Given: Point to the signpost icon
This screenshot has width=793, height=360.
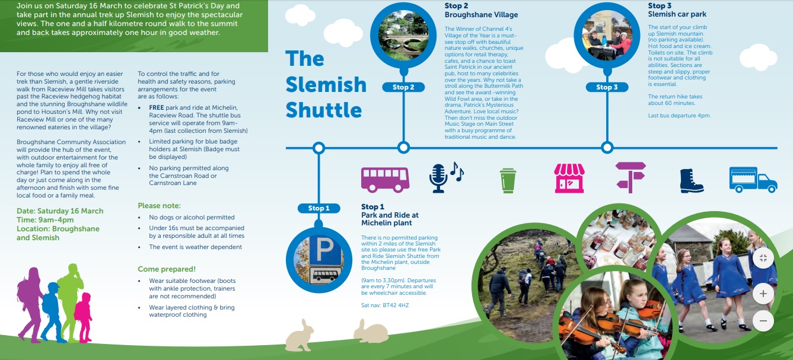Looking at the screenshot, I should coord(630,177).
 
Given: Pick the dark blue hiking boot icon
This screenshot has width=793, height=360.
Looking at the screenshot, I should coord(691,180).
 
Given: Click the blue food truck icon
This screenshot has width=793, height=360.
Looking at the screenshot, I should coord(753,179).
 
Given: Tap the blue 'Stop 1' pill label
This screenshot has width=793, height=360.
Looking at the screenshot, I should coord(319,208).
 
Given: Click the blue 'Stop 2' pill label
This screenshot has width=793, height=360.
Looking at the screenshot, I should coord(403,87).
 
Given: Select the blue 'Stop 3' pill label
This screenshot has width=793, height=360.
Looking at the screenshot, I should coord(607,87).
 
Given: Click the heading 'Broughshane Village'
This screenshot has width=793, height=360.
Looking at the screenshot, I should coord(481,15).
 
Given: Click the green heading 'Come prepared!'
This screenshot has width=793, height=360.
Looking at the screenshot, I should coord(167,269).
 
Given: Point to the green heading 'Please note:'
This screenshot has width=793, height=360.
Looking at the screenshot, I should coord(159,206).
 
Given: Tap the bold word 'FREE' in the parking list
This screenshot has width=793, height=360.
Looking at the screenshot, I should coord(157,109).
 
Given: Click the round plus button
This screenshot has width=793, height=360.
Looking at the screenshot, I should coord(763,294).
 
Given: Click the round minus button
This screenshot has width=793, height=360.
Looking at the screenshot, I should coord(763,321).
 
